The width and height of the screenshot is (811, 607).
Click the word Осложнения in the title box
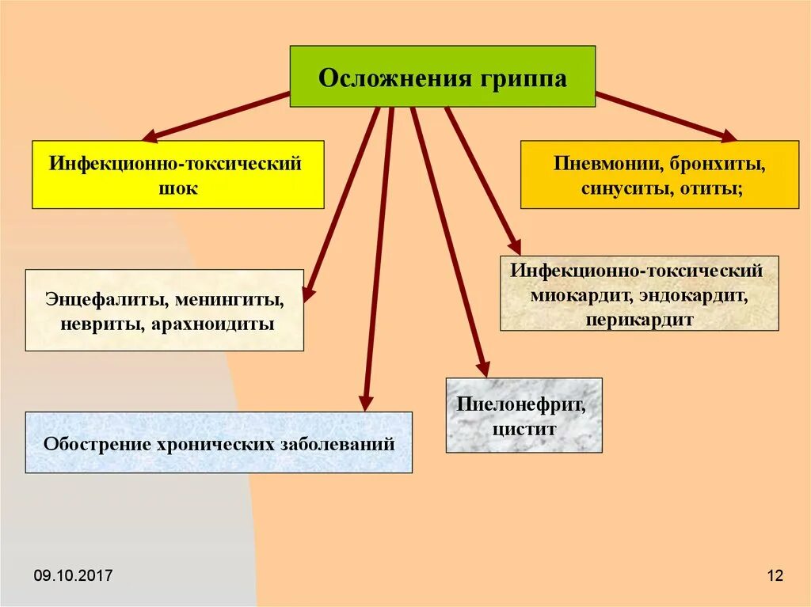click(383, 78)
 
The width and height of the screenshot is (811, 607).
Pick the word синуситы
click(626, 189)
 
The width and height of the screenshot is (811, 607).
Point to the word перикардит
click(640, 320)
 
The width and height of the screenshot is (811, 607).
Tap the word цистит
click(524, 430)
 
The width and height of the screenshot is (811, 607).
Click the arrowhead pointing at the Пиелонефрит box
click(483, 369)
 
